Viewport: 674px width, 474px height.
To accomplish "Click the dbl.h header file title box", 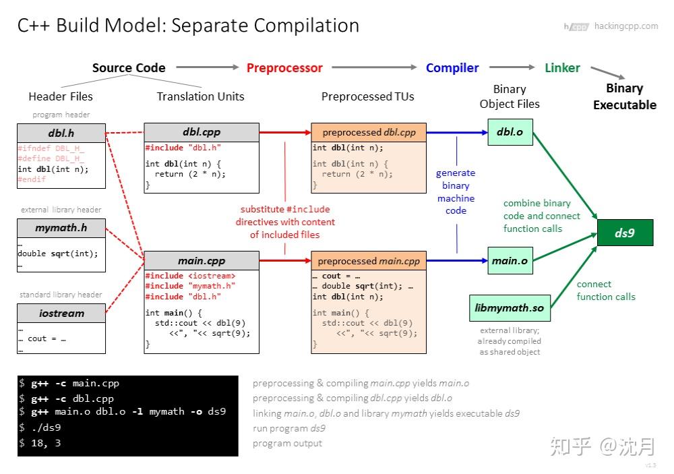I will pyautogui.click(x=61, y=132).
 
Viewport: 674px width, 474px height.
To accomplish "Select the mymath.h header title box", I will pyautogui.click(x=61, y=228).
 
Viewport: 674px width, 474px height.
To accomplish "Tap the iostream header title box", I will pyautogui.click(x=61, y=313).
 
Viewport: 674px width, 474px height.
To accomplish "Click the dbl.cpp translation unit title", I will pyautogui.click(x=201, y=132).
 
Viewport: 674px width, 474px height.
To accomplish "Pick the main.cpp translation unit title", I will pyautogui.click(x=201, y=261).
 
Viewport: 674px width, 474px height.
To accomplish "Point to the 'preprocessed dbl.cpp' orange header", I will pyautogui.click(x=369, y=132).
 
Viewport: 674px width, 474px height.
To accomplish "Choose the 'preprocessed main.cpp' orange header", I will pyautogui.click(x=369, y=261).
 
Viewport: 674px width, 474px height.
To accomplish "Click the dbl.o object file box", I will pyautogui.click(x=510, y=132).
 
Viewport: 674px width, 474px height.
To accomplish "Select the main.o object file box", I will pyautogui.click(x=510, y=261).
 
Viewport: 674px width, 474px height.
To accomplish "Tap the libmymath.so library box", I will pyautogui.click(x=510, y=308).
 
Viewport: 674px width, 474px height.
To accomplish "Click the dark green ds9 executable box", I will pyautogui.click(x=625, y=233).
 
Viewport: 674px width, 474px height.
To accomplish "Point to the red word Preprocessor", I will pyautogui.click(x=284, y=68).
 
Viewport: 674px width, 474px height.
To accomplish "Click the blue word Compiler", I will pyautogui.click(x=452, y=68).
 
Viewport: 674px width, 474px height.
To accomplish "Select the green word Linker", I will pyautogui.click(x=562, y=68).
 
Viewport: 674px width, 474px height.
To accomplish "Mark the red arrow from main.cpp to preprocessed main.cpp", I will pyautogui.click(x=284, y=261).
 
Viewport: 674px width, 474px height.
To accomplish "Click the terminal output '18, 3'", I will pyautogui.click(x=47, y=442).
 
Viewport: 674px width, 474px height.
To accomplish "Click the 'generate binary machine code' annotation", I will pyautogui.click(x=456, y=191).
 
